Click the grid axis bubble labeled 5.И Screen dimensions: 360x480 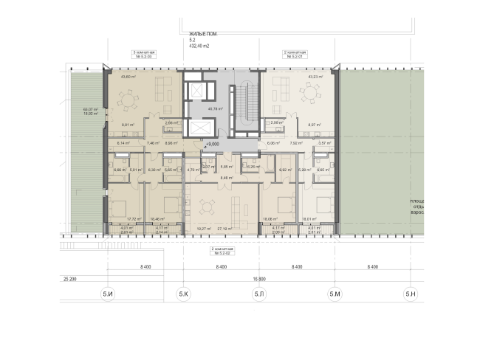click(x=108, y=295)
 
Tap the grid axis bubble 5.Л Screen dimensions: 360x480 click(x=259, y=295)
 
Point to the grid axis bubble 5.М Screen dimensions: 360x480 click(x=335, y=295)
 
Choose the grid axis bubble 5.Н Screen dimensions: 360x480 click(x=411, y=295)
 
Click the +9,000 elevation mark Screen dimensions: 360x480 click(x=214, y=145)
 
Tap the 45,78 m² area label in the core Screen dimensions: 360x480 click(x=216, y=109)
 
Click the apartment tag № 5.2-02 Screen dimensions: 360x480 click(x=222, y=252)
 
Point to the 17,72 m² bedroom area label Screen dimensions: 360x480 click(x=134, y=220)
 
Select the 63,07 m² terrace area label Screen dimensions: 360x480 click(x=91, y=110)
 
